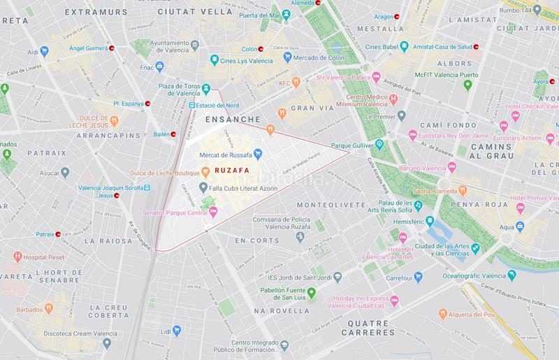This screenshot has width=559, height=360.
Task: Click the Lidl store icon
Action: pos(177,329)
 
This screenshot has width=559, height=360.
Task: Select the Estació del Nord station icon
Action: pos(192,105)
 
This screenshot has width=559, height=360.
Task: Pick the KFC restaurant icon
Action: pos(296,83)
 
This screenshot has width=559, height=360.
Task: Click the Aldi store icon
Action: pos(44,51)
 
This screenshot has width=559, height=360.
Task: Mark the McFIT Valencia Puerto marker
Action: pos(468,85)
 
